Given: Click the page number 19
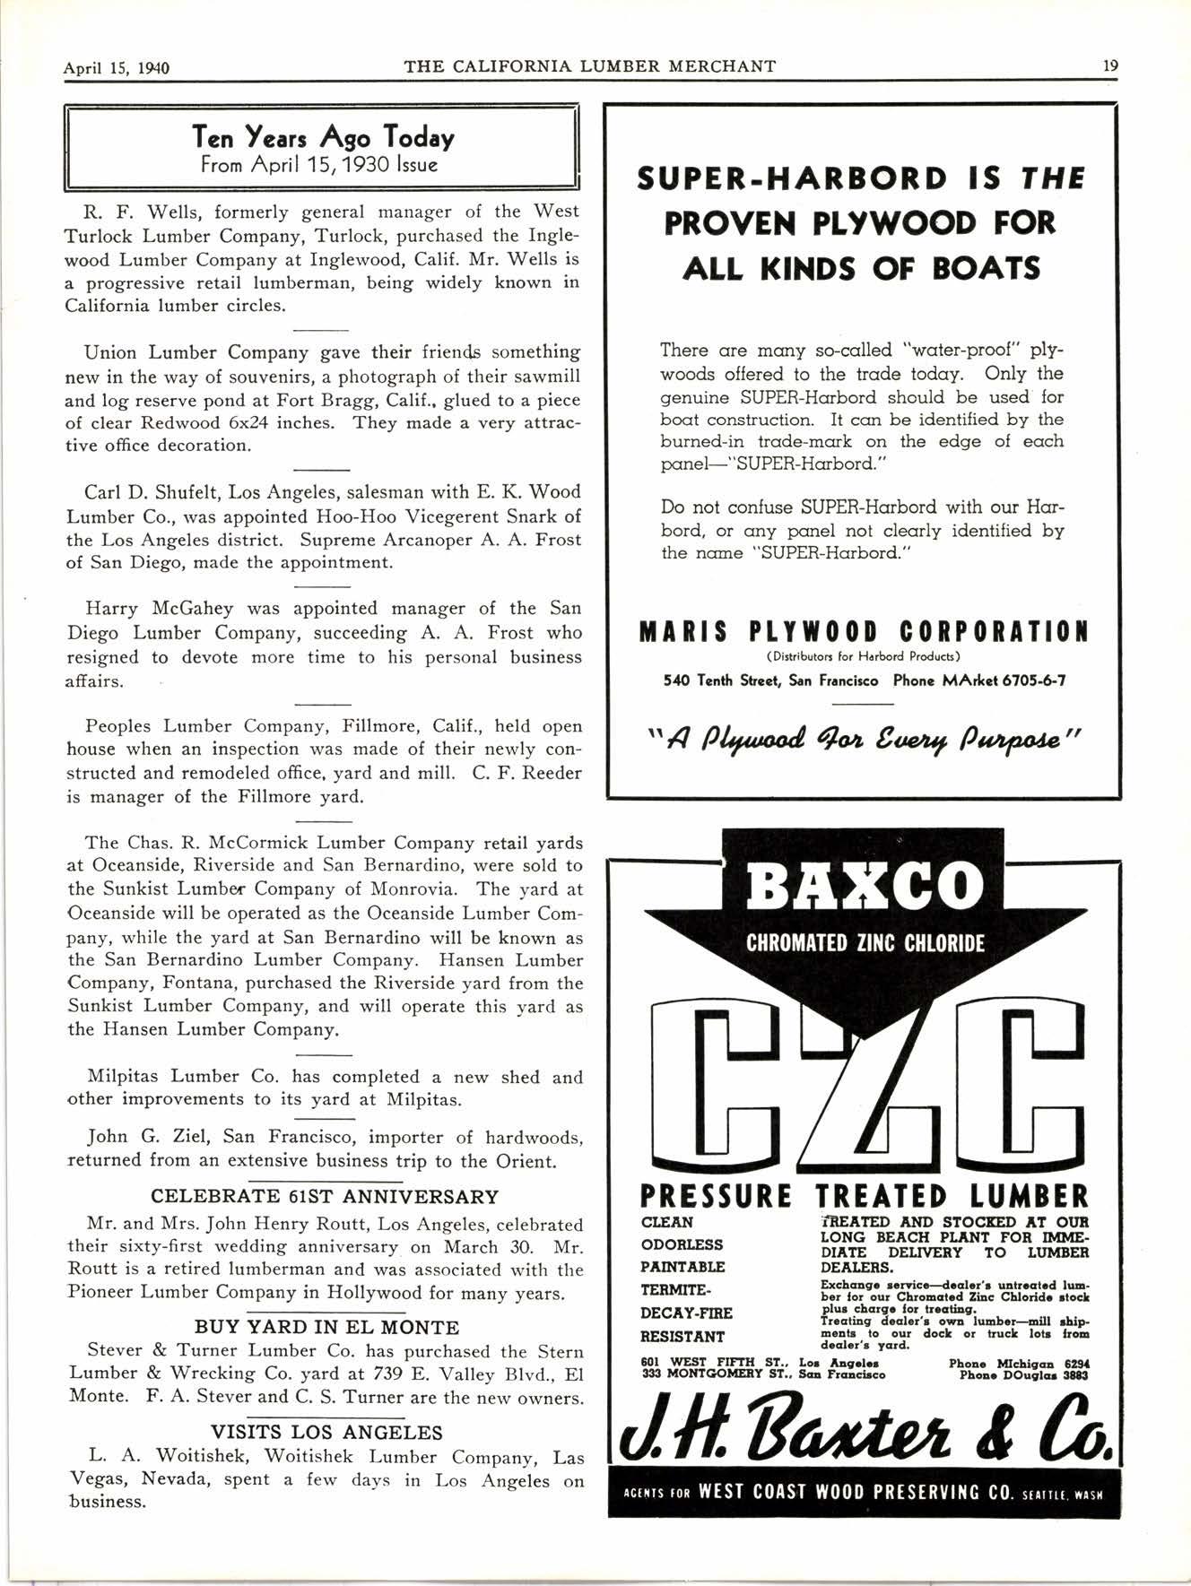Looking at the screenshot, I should [1110, 65].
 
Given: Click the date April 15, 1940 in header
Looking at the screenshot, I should [117, 67].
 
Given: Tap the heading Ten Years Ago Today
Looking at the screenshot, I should [323, 137].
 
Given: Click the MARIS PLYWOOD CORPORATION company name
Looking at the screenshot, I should [864, 632].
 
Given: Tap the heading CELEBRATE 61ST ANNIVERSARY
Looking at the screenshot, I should [325, 1196].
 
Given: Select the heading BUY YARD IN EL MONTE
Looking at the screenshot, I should [326, 1327].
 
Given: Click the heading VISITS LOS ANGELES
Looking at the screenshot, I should [326, 1433].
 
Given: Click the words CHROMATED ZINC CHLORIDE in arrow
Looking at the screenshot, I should [865, 943].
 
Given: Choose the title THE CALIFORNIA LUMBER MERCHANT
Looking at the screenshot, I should [589, 65].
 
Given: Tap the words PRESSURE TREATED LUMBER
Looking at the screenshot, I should [864, 1196].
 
